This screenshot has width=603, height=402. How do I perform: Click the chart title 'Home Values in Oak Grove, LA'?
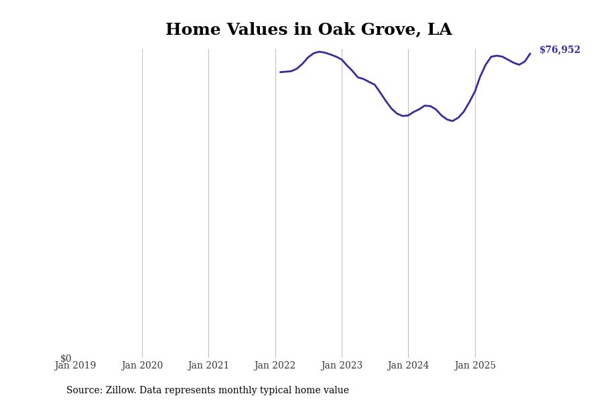tap(308, 30)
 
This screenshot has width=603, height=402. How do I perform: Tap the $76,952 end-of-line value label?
tap(559, 50)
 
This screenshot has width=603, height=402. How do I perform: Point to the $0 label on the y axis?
tap(66, 358)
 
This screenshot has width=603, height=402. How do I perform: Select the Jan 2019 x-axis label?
tap(75, 366)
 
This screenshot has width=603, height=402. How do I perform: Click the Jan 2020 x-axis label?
tap(142, 366)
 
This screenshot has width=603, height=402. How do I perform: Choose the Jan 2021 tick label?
tap(208, 366)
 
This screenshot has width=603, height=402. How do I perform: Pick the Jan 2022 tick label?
tap(275, 366)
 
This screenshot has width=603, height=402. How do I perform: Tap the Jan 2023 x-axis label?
tap(342, 366)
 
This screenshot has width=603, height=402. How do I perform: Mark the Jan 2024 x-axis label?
tap(408, 366)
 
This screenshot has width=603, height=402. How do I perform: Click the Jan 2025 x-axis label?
tap(475, 366)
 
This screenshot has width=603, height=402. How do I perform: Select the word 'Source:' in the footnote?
tap(84, 391)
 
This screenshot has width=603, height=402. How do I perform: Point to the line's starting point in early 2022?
tap(280, 72)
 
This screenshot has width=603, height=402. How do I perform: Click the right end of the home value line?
tap(530, 54)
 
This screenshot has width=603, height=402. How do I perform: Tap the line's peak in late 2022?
tap(320, 52)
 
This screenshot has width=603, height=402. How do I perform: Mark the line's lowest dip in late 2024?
tap(452, 121)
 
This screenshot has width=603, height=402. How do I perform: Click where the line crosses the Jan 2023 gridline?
tap(342, 60)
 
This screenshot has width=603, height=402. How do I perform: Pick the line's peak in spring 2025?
tap(496, 56)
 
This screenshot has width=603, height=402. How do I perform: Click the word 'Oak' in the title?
tap(334, 30)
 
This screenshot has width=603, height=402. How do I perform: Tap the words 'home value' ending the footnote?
tap(324, 391)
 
